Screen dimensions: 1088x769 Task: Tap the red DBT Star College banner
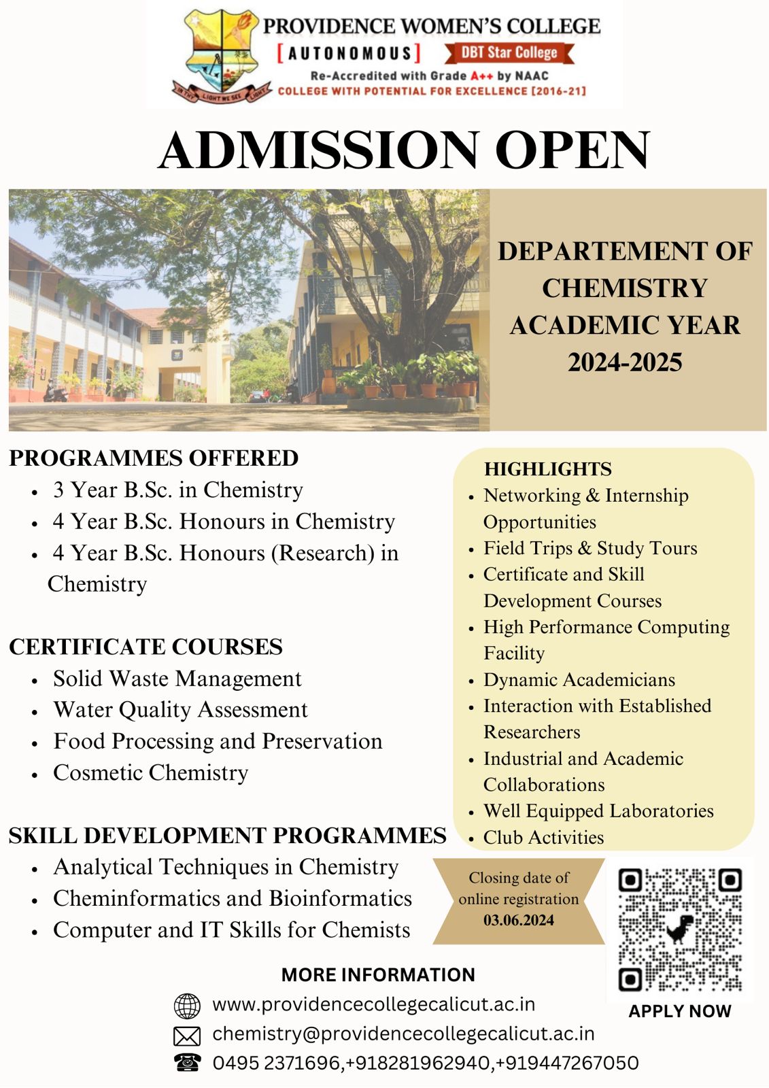pos(509,52)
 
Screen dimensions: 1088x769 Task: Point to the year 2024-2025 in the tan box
pos(625,362)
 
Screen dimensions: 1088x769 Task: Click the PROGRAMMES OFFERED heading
pos(154,458)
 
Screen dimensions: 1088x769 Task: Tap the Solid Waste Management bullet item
pos(177,678)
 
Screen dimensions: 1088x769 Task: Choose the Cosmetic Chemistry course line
pos(150,772)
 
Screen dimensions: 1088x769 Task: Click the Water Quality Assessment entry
pos(180,709)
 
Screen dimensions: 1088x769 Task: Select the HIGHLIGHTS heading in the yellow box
pos(547,469)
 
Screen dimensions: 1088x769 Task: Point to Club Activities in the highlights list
pos(543,837)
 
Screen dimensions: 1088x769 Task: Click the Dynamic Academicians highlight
pos(579,679)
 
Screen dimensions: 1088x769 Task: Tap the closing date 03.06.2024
pos(519,920)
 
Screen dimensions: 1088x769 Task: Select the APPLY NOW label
pos(679,1011)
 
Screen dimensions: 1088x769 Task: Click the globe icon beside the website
pos(187,1006)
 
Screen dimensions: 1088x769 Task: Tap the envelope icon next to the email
pos(187,1036)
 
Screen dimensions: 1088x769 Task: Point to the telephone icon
pos(187,1062)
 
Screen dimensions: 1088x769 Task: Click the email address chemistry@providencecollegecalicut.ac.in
pos(403,1034)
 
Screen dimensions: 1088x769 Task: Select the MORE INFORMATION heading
pos(378,974)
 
